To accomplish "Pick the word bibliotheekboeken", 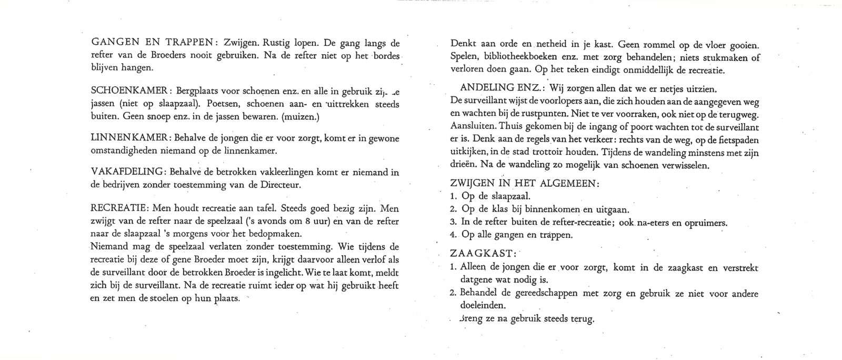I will tap(520, 57).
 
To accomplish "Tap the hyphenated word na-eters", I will tap(653, 222).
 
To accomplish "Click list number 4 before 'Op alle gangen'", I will tap(454, 234).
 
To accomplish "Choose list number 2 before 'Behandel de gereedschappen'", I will tap(454, 293).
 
